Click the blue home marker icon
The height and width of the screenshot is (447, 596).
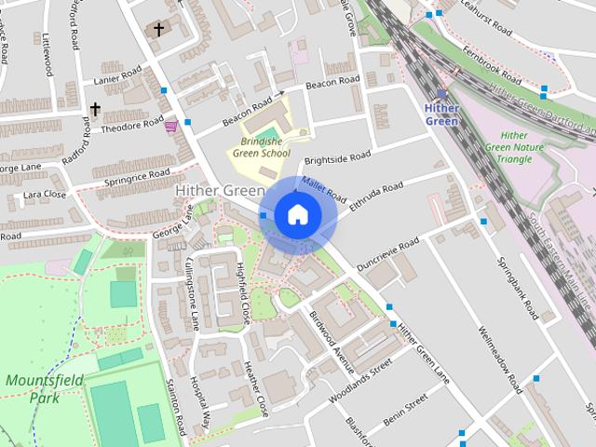[x=297, y=214]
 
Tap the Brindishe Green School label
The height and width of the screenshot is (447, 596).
[x=260, y=147]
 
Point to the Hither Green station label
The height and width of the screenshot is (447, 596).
[x=441, y=114]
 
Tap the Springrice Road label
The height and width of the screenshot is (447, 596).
[x=137, y=175]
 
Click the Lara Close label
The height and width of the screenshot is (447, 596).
[x=45, y=196]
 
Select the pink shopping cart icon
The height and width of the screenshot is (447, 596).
[x=171, y=126]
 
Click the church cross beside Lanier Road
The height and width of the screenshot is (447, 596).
[x=95, y=110]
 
